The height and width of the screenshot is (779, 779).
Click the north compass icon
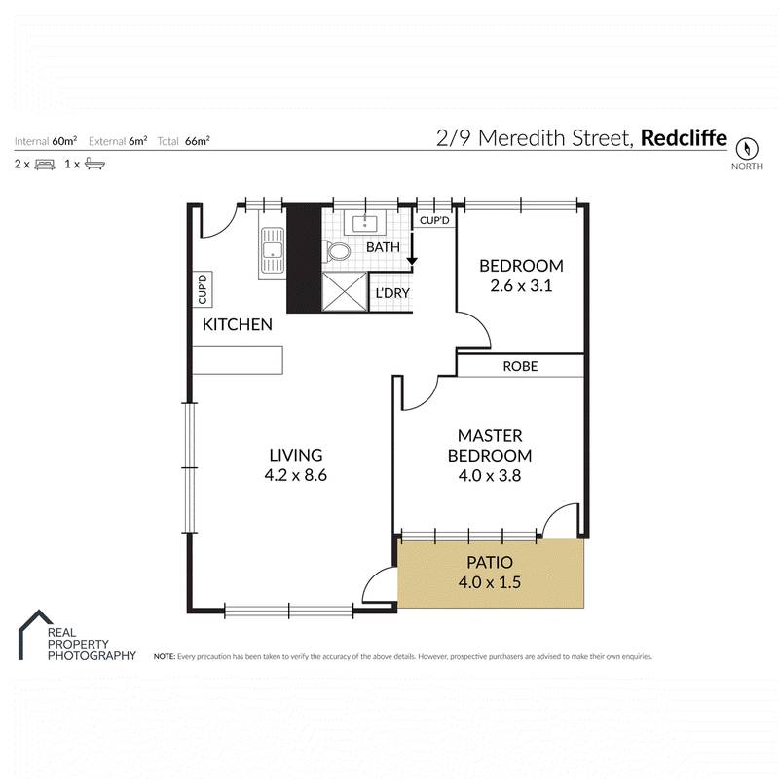tap(747, 149)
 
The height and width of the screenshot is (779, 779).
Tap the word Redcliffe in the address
tap(683, 138)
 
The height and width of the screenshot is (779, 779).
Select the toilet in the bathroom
tap(339, 252)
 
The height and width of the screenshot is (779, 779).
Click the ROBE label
tap(520, 367)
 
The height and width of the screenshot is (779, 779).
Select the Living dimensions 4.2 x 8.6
tap(296, 476)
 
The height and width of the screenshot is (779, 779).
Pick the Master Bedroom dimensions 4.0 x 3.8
tap(489, 476)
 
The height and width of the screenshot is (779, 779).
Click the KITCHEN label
tap(237, 325)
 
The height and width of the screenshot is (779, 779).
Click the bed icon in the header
tap(44, 164)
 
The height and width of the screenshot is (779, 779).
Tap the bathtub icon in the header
tap(94, 164)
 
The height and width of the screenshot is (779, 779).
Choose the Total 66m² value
tap(198, 141)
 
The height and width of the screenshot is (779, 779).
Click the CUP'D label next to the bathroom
tap(435, 221)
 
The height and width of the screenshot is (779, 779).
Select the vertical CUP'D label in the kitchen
tap(204, 288)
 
